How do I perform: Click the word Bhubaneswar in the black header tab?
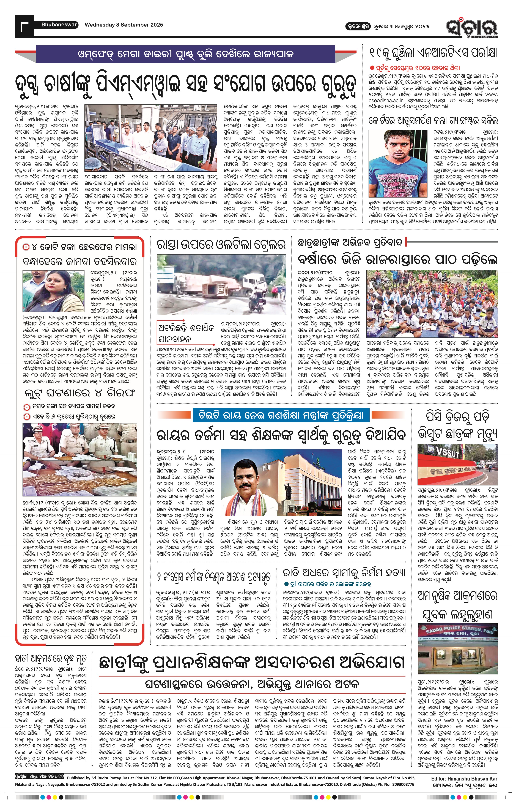(x=59, y=25)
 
